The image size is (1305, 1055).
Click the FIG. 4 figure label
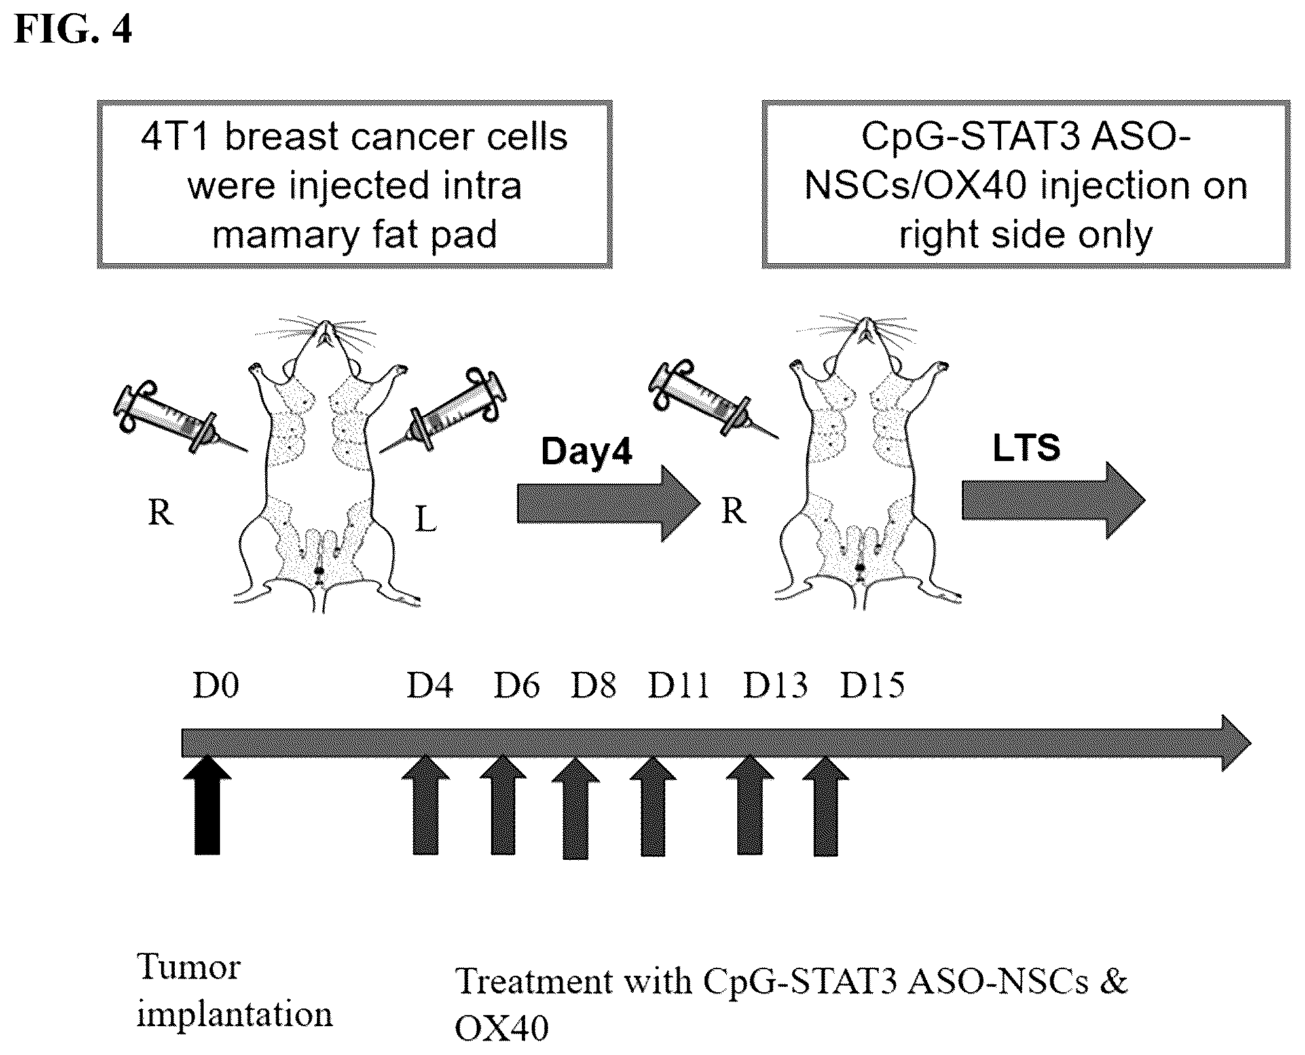[73, 29]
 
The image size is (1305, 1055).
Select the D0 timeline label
[215, 686]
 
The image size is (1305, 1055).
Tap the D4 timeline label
[430, 686]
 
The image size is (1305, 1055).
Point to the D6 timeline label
[517, 686]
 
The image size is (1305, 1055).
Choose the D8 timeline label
[593, 686]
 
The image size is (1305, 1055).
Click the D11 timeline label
[678, 686]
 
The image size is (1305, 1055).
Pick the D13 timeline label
[775, 686]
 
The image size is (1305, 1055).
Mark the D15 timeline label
[872, 686]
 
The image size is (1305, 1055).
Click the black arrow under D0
[207, 805]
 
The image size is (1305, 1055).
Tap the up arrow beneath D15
[826, 806]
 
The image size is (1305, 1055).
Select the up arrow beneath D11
[653, 806]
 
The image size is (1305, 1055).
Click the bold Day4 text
[587, 451]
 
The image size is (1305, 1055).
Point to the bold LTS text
[1026, 448]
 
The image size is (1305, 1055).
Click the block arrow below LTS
[1054, 501]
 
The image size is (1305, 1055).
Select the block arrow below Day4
[609, 504]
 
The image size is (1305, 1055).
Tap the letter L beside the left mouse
[426, 521]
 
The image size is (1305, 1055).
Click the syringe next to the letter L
[443, 411]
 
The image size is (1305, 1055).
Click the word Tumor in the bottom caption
[189, 967]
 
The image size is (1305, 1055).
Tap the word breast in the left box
[285, 138]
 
